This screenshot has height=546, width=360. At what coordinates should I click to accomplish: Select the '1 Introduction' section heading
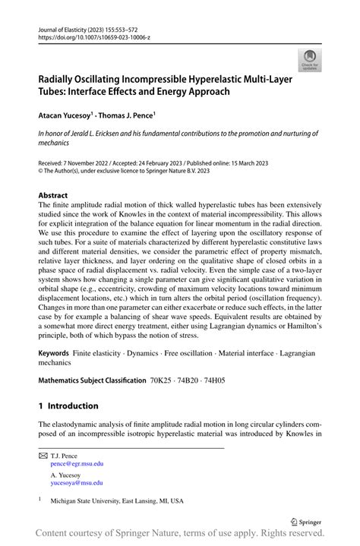pos(68,406)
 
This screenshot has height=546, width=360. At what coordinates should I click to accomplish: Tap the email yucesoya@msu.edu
pos(77,482)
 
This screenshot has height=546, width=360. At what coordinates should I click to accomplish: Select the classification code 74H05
pos(219,380)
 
